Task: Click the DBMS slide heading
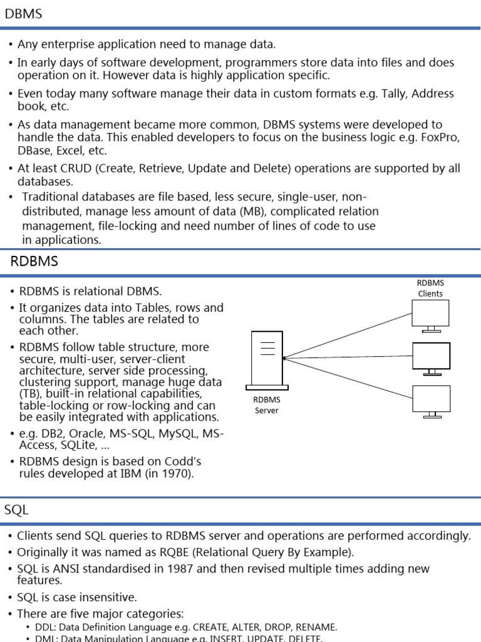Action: point(23,13)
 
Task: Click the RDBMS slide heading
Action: point(34,261)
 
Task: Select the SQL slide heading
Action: point(16,510)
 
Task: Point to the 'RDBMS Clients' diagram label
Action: point(430,288)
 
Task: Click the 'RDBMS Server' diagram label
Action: point(267,405)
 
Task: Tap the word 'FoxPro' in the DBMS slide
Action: point(440,139)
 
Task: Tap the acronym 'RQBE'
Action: point(146,552)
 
